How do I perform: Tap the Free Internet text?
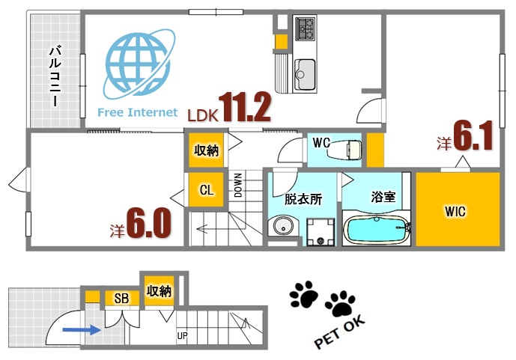138,113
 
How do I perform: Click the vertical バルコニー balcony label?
55,76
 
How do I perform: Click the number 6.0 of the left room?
148,223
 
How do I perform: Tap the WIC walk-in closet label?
455,212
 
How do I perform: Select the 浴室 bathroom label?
383,197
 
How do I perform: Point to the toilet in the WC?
344,149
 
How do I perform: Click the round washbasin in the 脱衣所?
282,226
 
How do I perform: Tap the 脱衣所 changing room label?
303,200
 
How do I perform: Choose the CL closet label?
206,190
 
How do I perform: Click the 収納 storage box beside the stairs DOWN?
206,150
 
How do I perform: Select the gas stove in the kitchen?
306,30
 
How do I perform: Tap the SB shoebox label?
121,298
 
